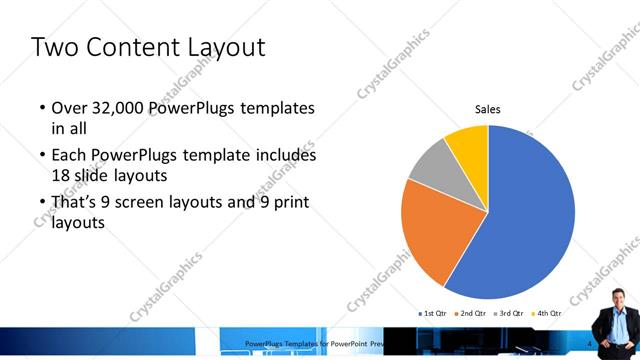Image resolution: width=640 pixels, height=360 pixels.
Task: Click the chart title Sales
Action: point(487,109)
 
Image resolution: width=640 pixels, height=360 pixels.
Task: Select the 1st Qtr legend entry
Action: point(432,314)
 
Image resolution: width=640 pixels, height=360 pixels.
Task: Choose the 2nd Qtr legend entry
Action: point(471,314)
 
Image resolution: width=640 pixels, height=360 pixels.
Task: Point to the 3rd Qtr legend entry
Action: point(509,314)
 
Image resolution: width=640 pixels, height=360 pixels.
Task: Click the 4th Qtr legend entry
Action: point(547,314)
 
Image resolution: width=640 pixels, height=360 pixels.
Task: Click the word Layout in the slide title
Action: point(217,47)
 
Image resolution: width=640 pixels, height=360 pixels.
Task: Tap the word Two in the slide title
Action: point(55,47)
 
